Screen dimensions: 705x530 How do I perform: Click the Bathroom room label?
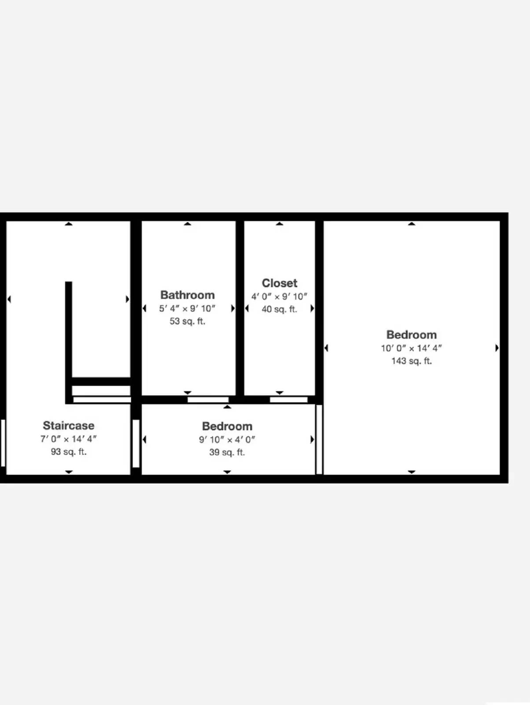click(x=188, y=295)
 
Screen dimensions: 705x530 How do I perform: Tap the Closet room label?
click(x=280, y=283)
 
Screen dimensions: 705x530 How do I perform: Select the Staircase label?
click(x=69, y=425)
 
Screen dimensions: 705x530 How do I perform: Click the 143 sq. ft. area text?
click(x=412, y=361)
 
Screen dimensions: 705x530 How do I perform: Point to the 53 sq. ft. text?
click(x=188, y=321)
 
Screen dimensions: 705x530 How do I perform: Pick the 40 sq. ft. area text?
click(x=280, y=309)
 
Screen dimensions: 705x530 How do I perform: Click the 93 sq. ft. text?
click(x=69, y=452)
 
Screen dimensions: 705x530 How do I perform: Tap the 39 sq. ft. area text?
click(x=227, y=452)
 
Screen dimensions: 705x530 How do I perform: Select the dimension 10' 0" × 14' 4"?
click(x=412, y=348)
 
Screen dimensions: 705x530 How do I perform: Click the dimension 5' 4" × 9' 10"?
click(x=188, y=308)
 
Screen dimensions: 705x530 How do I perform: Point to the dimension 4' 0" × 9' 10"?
click(x=280, y=297)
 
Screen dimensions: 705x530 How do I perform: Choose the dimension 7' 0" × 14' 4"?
click(x=69, y=439)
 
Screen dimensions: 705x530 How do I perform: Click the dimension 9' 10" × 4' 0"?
click(x=227, y=439)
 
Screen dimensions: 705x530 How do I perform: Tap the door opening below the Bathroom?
click(x=208, y=400)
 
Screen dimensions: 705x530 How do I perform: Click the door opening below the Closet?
click(x=289, y=400)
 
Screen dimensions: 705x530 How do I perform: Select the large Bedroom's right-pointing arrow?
click(x=497, y=348)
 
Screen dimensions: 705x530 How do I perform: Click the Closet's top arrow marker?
click(x=280, y=224)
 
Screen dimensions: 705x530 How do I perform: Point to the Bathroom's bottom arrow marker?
click(x=188, y=393)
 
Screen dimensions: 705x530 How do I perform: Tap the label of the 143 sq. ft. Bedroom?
click(x=412, y=334)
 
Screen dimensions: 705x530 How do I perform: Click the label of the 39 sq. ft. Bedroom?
click(x=227, y=426)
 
